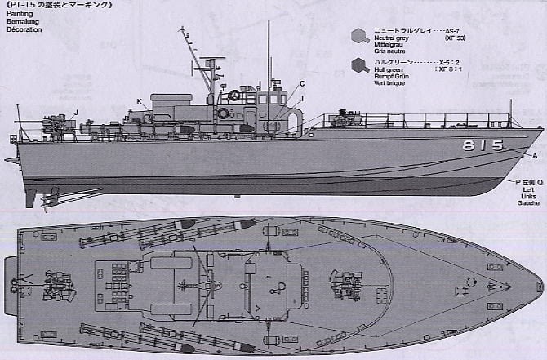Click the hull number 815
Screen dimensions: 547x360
point(483,145)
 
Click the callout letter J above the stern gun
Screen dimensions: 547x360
point(75,112)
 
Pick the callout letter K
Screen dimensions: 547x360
point(140,101)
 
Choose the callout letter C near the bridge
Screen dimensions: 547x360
point(301,83)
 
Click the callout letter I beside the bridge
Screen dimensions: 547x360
point(301,99)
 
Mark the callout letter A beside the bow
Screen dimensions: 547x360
point(535,155)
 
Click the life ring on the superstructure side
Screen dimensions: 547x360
point(223,113)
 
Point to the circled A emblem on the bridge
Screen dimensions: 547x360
point(235,95)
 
